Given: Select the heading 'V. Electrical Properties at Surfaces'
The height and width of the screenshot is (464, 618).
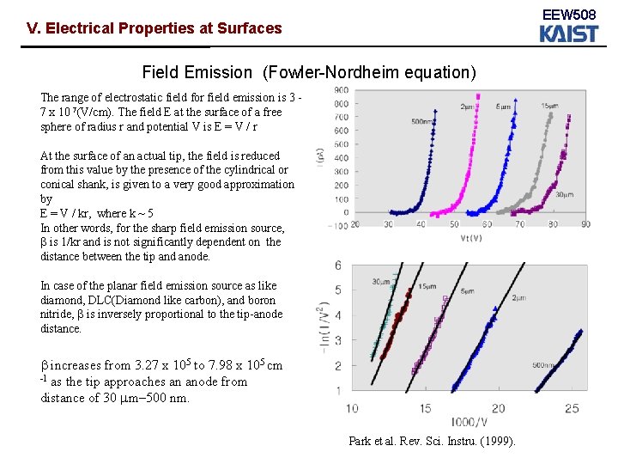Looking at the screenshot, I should tap(154, 28).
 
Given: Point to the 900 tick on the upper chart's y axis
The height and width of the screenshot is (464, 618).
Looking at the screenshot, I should tap(341, 90).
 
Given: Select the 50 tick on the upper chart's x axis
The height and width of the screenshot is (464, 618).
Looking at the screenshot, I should tap(455, 224).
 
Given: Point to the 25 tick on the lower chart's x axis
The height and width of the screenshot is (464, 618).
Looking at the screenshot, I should tap(572, 407).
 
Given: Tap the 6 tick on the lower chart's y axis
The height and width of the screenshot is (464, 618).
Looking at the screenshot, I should tap(338, 265).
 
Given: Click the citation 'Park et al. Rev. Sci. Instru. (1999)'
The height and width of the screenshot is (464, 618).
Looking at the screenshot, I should tap(432, 441).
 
